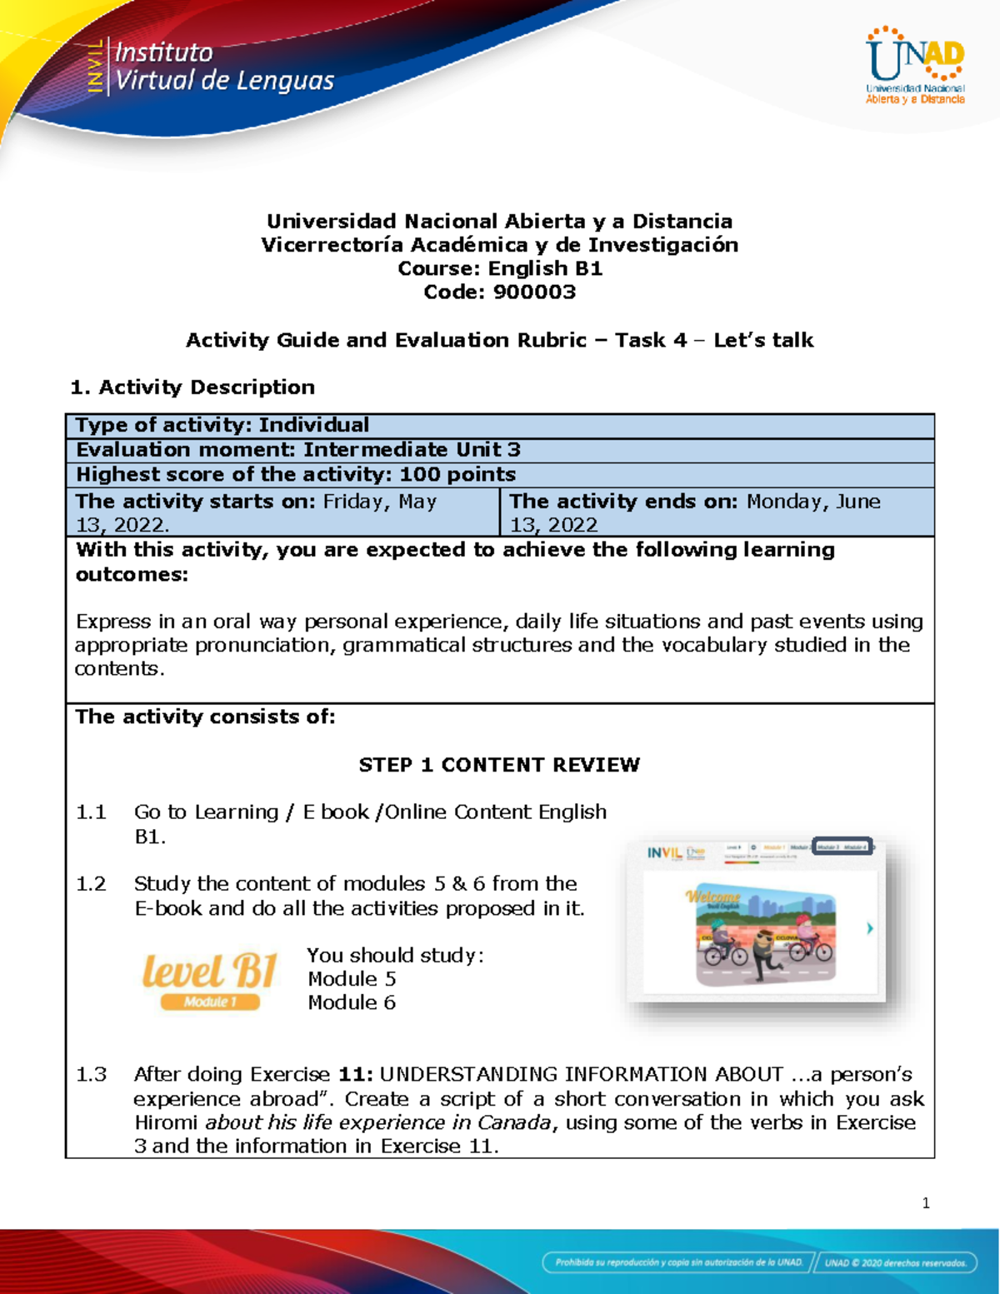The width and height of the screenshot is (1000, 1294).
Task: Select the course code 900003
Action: (534, 292)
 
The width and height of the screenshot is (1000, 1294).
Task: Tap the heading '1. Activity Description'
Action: (192, 387)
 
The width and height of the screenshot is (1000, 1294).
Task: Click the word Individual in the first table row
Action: (313, 426)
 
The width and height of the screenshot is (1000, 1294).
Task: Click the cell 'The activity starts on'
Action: (282, 512)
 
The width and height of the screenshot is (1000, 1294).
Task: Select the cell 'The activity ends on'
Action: (717, 512)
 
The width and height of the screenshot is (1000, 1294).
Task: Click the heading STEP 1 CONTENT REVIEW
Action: (499, 765)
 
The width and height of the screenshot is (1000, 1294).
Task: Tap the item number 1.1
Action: (91, 812)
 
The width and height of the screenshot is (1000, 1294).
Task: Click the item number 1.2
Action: (91, 884)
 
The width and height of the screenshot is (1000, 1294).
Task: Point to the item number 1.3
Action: (91, 1075)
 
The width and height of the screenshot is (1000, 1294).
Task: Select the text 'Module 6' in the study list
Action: (352, 1003)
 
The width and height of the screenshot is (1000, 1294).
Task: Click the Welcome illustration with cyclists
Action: (764, 936)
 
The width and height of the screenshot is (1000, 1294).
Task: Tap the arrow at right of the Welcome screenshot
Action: (870, 928)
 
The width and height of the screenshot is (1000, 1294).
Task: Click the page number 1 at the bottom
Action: (926, 1203)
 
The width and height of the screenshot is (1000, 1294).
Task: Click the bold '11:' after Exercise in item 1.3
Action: (356, 1075)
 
